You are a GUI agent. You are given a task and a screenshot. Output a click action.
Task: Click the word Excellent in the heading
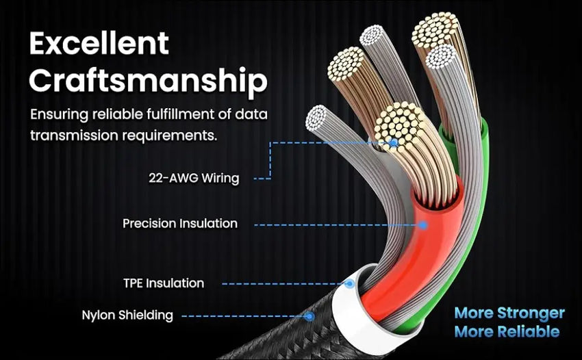click(99, 44)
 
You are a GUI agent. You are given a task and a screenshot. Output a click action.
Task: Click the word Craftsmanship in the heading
click(149, 81)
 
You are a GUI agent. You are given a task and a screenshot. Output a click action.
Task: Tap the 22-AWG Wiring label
click(194, 179)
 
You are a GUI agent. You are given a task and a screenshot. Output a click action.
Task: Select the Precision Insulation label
click(180, 224)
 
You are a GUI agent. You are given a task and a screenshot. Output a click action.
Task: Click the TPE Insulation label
click(163, 283)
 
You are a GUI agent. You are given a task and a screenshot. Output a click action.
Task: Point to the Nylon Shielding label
click(127, 316)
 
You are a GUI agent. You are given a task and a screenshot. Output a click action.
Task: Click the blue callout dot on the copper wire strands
click(394, 143)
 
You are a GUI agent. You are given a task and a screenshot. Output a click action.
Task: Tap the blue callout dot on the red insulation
click(423, 224)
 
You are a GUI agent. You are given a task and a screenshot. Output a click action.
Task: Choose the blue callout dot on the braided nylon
click(309, 316)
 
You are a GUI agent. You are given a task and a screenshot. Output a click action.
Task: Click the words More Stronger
click(510, 313)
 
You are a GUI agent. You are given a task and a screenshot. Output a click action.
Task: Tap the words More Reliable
click(507, 332)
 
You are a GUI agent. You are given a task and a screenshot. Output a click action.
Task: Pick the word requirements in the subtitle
click(174, 134)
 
